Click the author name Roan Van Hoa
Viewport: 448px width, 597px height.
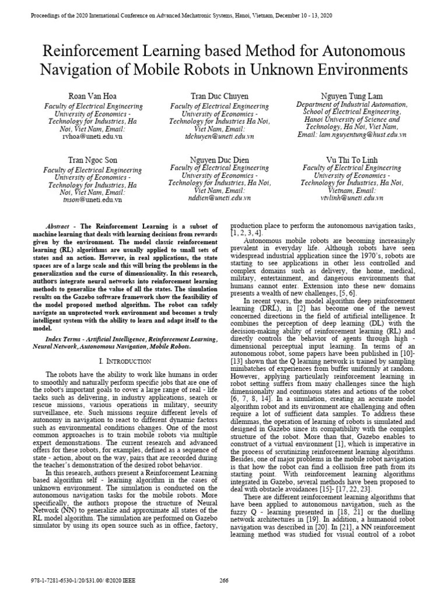93,95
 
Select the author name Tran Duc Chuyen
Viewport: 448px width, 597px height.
219,95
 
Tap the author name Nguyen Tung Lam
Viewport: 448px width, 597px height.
351,95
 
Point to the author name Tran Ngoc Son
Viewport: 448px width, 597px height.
93,159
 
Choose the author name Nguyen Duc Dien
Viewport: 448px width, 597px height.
219,159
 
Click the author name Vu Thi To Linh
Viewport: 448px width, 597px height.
351,159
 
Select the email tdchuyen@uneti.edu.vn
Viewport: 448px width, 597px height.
219,136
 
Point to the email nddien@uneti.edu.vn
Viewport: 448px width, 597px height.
219,198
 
